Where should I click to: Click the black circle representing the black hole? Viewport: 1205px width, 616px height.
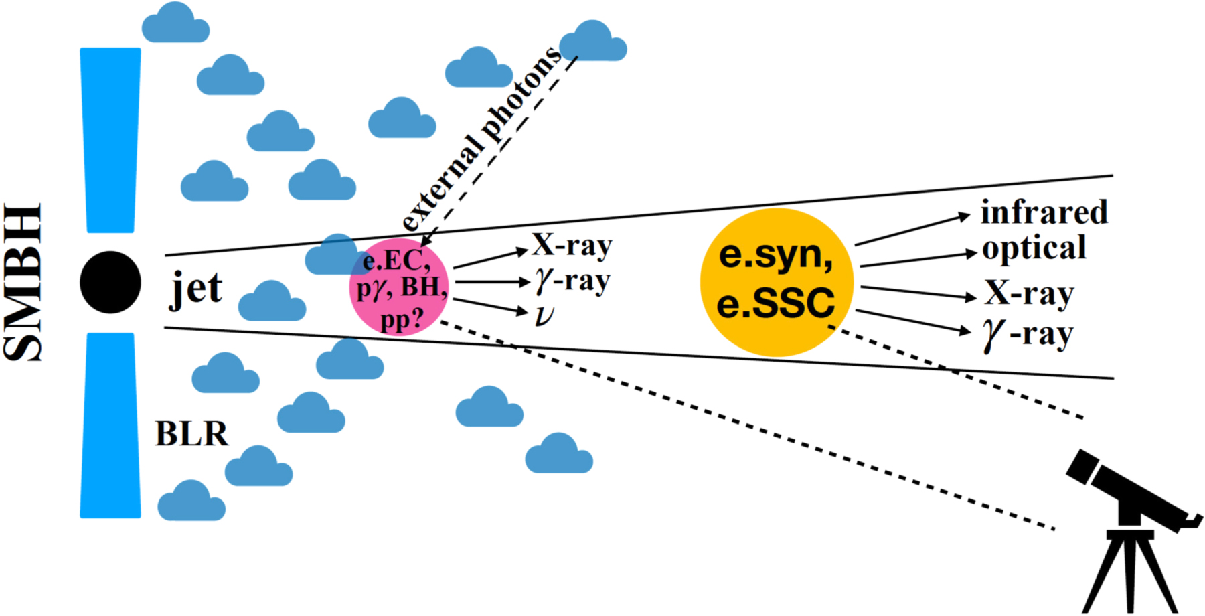pyautogui.click(x=110, y=283)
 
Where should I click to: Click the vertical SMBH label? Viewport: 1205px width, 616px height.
pyautogui.click(x=23, y=283)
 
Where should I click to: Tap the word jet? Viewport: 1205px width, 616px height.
pyautogui.click(x=195, y=289)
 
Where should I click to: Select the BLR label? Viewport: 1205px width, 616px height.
pyautogui.click(x=191, y=434)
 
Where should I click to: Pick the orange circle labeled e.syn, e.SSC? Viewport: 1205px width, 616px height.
pyautogui.click(x=777, y=281)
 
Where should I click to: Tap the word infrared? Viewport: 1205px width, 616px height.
pyautogui.click(x=1044, y=212)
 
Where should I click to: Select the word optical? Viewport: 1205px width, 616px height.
pyautogui.click(x=1034, y=248)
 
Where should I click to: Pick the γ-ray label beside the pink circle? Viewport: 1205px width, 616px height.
pyautogui.click(x=572, y=281)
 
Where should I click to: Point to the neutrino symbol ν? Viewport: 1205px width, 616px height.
pyautogui.click(x=544, y=315)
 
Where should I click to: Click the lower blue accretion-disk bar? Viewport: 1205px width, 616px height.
pyautogui.click(x=110, y=425)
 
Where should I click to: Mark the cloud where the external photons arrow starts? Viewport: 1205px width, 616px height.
pyautogui.click(x=592, y=42)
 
